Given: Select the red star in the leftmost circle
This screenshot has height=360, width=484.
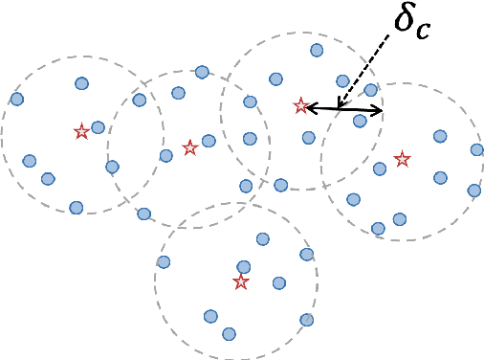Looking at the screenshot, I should [x=81, y=131].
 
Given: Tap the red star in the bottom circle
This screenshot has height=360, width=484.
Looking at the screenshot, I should [x=240, y=281].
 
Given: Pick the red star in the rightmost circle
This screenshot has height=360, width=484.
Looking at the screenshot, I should [x=402, y=158].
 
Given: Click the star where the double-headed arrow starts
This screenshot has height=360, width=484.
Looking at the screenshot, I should [x=300, y=105].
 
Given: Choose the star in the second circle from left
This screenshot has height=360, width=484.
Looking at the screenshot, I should [x=189, y=147].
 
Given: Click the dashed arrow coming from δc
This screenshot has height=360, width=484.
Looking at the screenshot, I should [x=365, y=72].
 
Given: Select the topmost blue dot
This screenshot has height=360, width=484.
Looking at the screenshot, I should [x=317, y=50].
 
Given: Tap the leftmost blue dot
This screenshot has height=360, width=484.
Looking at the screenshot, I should [x=16, y=99].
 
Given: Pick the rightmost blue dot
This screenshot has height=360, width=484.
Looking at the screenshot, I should [x=476, y=149].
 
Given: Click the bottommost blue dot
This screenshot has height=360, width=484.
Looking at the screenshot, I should [x=229, y=333].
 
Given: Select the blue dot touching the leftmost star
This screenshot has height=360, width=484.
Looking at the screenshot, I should [x=98, y=127].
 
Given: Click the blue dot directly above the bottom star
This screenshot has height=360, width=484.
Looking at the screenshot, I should [x=244, y=267].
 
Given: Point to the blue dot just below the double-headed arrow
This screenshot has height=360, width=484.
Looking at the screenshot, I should [x=360, y=121].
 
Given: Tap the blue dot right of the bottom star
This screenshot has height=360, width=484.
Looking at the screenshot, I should [x=279, y=282].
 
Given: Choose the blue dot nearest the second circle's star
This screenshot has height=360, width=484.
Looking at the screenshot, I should [x=209, y=141].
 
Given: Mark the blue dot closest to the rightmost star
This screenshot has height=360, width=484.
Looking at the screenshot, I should [x=380, y=169].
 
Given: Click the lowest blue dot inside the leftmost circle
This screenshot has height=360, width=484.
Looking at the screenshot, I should [x=77, y=207].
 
